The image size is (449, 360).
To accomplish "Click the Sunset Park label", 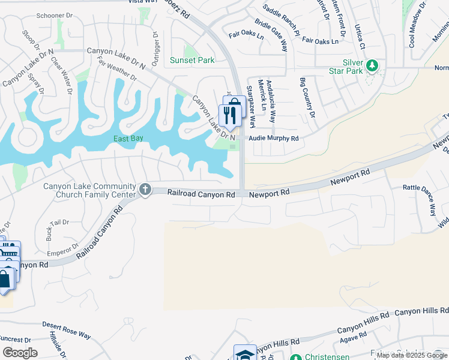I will [x=192, y=60].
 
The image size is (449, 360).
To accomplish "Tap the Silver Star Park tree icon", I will [x=373, y=65].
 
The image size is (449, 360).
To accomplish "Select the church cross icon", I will [x=145, y=190].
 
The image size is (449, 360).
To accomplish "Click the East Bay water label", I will [x=128, y=139].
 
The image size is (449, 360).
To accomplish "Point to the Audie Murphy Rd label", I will [x=274, y=138].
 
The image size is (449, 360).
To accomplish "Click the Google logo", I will [x=19, y=353].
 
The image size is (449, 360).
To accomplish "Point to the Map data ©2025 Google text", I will [x=411, y=355].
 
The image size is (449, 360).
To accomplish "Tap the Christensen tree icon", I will [x=295, y=358].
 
